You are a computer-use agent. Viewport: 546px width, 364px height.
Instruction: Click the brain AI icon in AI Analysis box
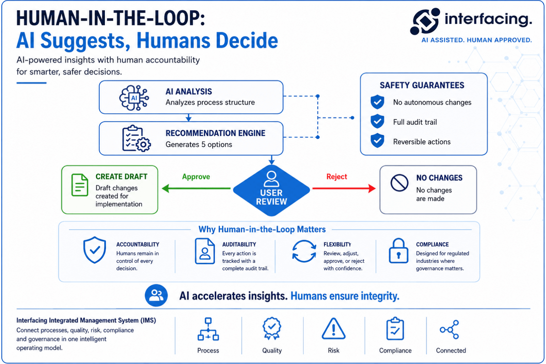(134, 98)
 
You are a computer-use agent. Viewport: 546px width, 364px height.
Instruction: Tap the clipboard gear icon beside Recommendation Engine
(136, 139)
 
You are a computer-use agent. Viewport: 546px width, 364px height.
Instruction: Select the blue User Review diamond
(271, 191)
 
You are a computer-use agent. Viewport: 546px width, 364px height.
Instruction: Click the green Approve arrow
(196, 188)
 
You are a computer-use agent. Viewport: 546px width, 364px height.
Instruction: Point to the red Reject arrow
(344, 188)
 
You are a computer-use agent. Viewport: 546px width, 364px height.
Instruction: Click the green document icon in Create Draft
(80, 185)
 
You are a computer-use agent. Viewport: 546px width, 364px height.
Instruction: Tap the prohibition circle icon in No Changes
(399, 183)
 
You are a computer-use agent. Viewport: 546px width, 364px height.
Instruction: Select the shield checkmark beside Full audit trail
(377, 121)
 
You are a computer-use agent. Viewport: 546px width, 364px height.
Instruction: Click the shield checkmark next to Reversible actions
(377, 140)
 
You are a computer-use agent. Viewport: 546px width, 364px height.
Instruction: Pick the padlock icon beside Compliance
(398, 251)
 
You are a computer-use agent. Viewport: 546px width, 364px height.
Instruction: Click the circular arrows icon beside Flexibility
(304, 251)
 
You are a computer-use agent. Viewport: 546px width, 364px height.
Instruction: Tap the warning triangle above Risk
(333, 329)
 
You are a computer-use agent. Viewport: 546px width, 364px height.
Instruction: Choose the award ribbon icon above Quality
(272, 328)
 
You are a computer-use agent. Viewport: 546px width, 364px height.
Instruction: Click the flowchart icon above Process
(208, 329)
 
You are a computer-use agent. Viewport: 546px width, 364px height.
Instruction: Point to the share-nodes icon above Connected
(449, 330)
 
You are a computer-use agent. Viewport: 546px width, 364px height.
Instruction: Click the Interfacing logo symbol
(425, 21)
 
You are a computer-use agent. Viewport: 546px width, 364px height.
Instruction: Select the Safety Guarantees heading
(422, 85)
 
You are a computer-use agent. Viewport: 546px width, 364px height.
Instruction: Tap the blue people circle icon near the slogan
(156, 295)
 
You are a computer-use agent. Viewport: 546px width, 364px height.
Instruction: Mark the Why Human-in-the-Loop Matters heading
(262, 229)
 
